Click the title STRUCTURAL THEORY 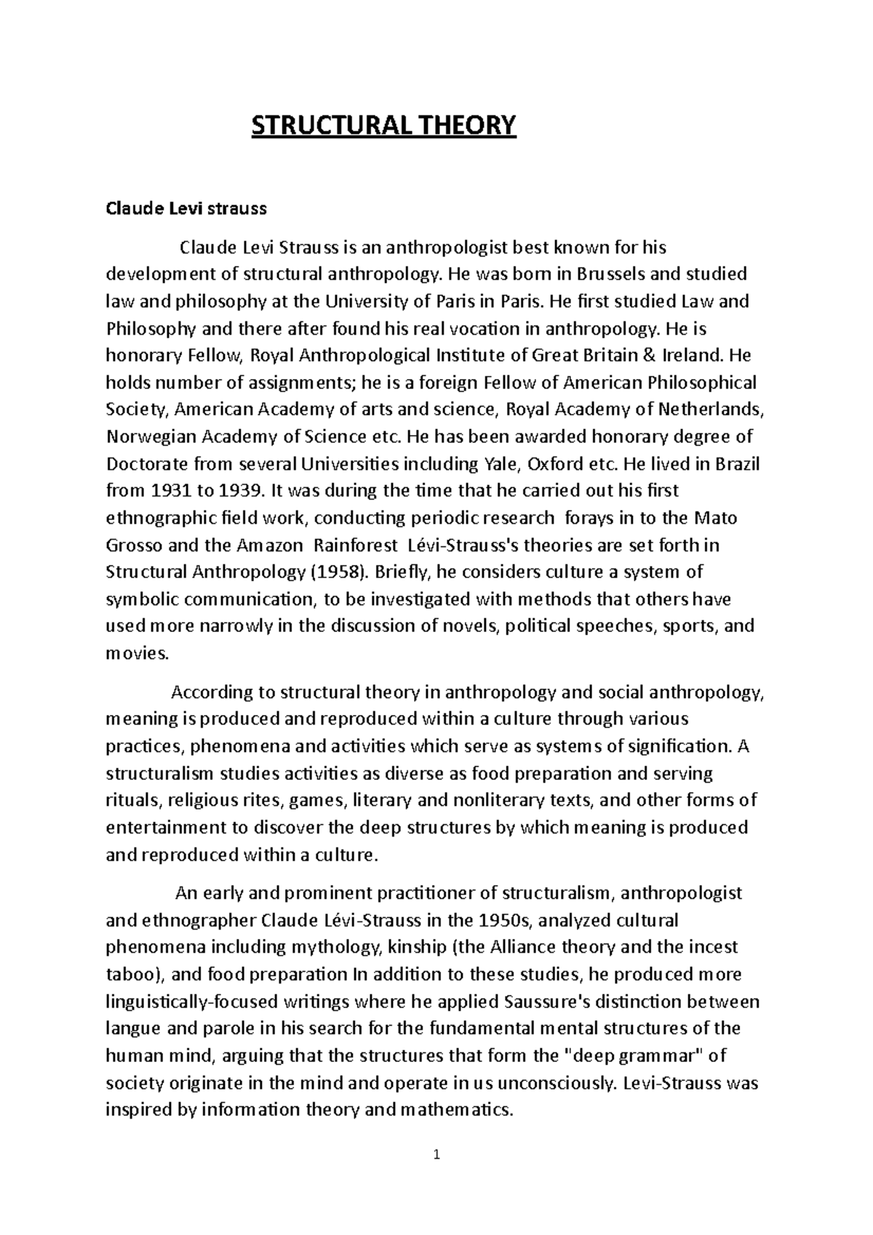click(x=383, y=125)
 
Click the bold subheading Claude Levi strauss click(x=186, y=209)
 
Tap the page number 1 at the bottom click(x=436, y=1154)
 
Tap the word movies click(x=137, y=653)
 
